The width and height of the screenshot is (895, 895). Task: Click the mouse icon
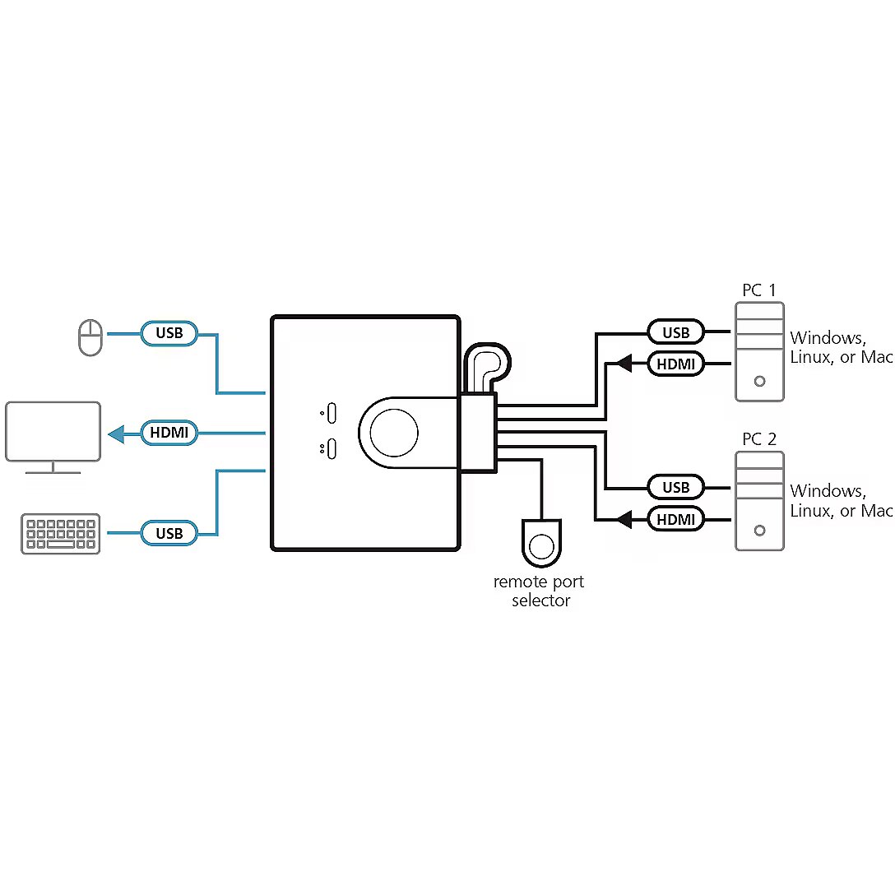[90, 338]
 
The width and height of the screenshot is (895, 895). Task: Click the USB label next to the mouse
[169, 333]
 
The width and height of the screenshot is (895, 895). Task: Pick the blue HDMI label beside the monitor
[169, 432]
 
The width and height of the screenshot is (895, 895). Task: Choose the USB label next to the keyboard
[169, 533]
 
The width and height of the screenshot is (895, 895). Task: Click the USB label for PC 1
[675, 332]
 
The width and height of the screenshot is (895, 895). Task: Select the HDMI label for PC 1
[675, 363]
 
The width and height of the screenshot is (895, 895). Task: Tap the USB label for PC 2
[675, 487]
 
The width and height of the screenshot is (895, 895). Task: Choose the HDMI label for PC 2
[675, 519]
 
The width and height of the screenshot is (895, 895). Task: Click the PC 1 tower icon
[759, 351]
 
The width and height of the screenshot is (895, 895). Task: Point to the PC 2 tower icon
[759, 500]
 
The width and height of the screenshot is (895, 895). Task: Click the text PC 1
[758, 290]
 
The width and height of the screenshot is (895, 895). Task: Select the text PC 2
[758, 439]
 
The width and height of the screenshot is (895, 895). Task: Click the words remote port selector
[540, 591]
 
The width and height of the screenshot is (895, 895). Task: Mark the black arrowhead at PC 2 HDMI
[624, 519]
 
